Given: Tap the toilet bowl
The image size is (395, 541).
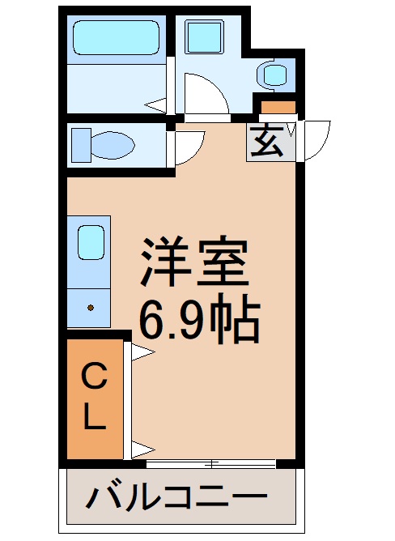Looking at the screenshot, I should (103, 146).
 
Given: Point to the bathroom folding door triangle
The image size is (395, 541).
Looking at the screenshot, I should (156, 104).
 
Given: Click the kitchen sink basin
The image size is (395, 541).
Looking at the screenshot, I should (90, 241).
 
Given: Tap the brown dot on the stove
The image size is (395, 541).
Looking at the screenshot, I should (91, 308).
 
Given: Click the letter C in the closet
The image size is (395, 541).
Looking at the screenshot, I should (96, 377).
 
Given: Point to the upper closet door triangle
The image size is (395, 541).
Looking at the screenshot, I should (140, 351).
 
